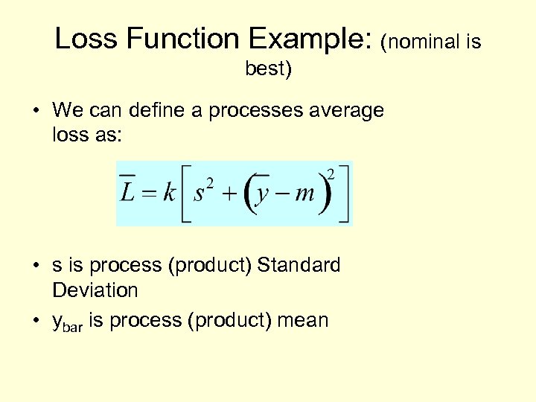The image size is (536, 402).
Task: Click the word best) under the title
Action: coord(269,69)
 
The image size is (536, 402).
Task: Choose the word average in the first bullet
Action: coord(347,111)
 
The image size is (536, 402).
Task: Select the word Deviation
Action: coord(95,290)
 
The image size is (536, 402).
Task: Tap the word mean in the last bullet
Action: coord(302,320)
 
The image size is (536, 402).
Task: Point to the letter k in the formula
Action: coord(170,193)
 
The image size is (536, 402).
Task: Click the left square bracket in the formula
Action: coord(187,194)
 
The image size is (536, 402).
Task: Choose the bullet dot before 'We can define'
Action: coord(36,112)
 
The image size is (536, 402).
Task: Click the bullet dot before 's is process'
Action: coord(36,266)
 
